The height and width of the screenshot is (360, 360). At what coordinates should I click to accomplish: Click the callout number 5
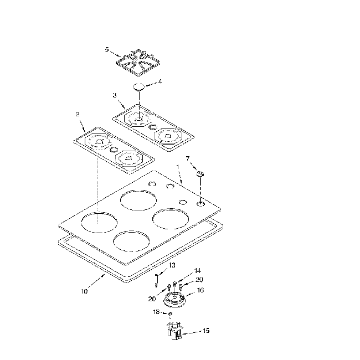[x=107, y=49]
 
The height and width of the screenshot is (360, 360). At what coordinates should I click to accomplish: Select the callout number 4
[x=160, y=82]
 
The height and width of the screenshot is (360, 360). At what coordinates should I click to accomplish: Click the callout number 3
[x=115, y=95]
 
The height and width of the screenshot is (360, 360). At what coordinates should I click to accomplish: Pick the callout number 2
[x=77, y=114]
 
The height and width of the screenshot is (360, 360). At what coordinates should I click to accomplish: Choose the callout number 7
[x=188, y=158]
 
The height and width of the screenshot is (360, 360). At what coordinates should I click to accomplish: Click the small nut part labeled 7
[x=200, y=174]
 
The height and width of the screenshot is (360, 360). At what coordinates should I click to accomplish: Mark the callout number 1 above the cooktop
[x=178, y=166]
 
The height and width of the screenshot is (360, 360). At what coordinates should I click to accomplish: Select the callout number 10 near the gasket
[x=84, y=291]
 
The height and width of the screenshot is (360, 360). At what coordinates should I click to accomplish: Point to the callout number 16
[x=200, y=290]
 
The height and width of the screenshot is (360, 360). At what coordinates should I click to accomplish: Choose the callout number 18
[x=156, y=312]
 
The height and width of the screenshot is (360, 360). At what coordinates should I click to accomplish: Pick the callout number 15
[x=205, y=331]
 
